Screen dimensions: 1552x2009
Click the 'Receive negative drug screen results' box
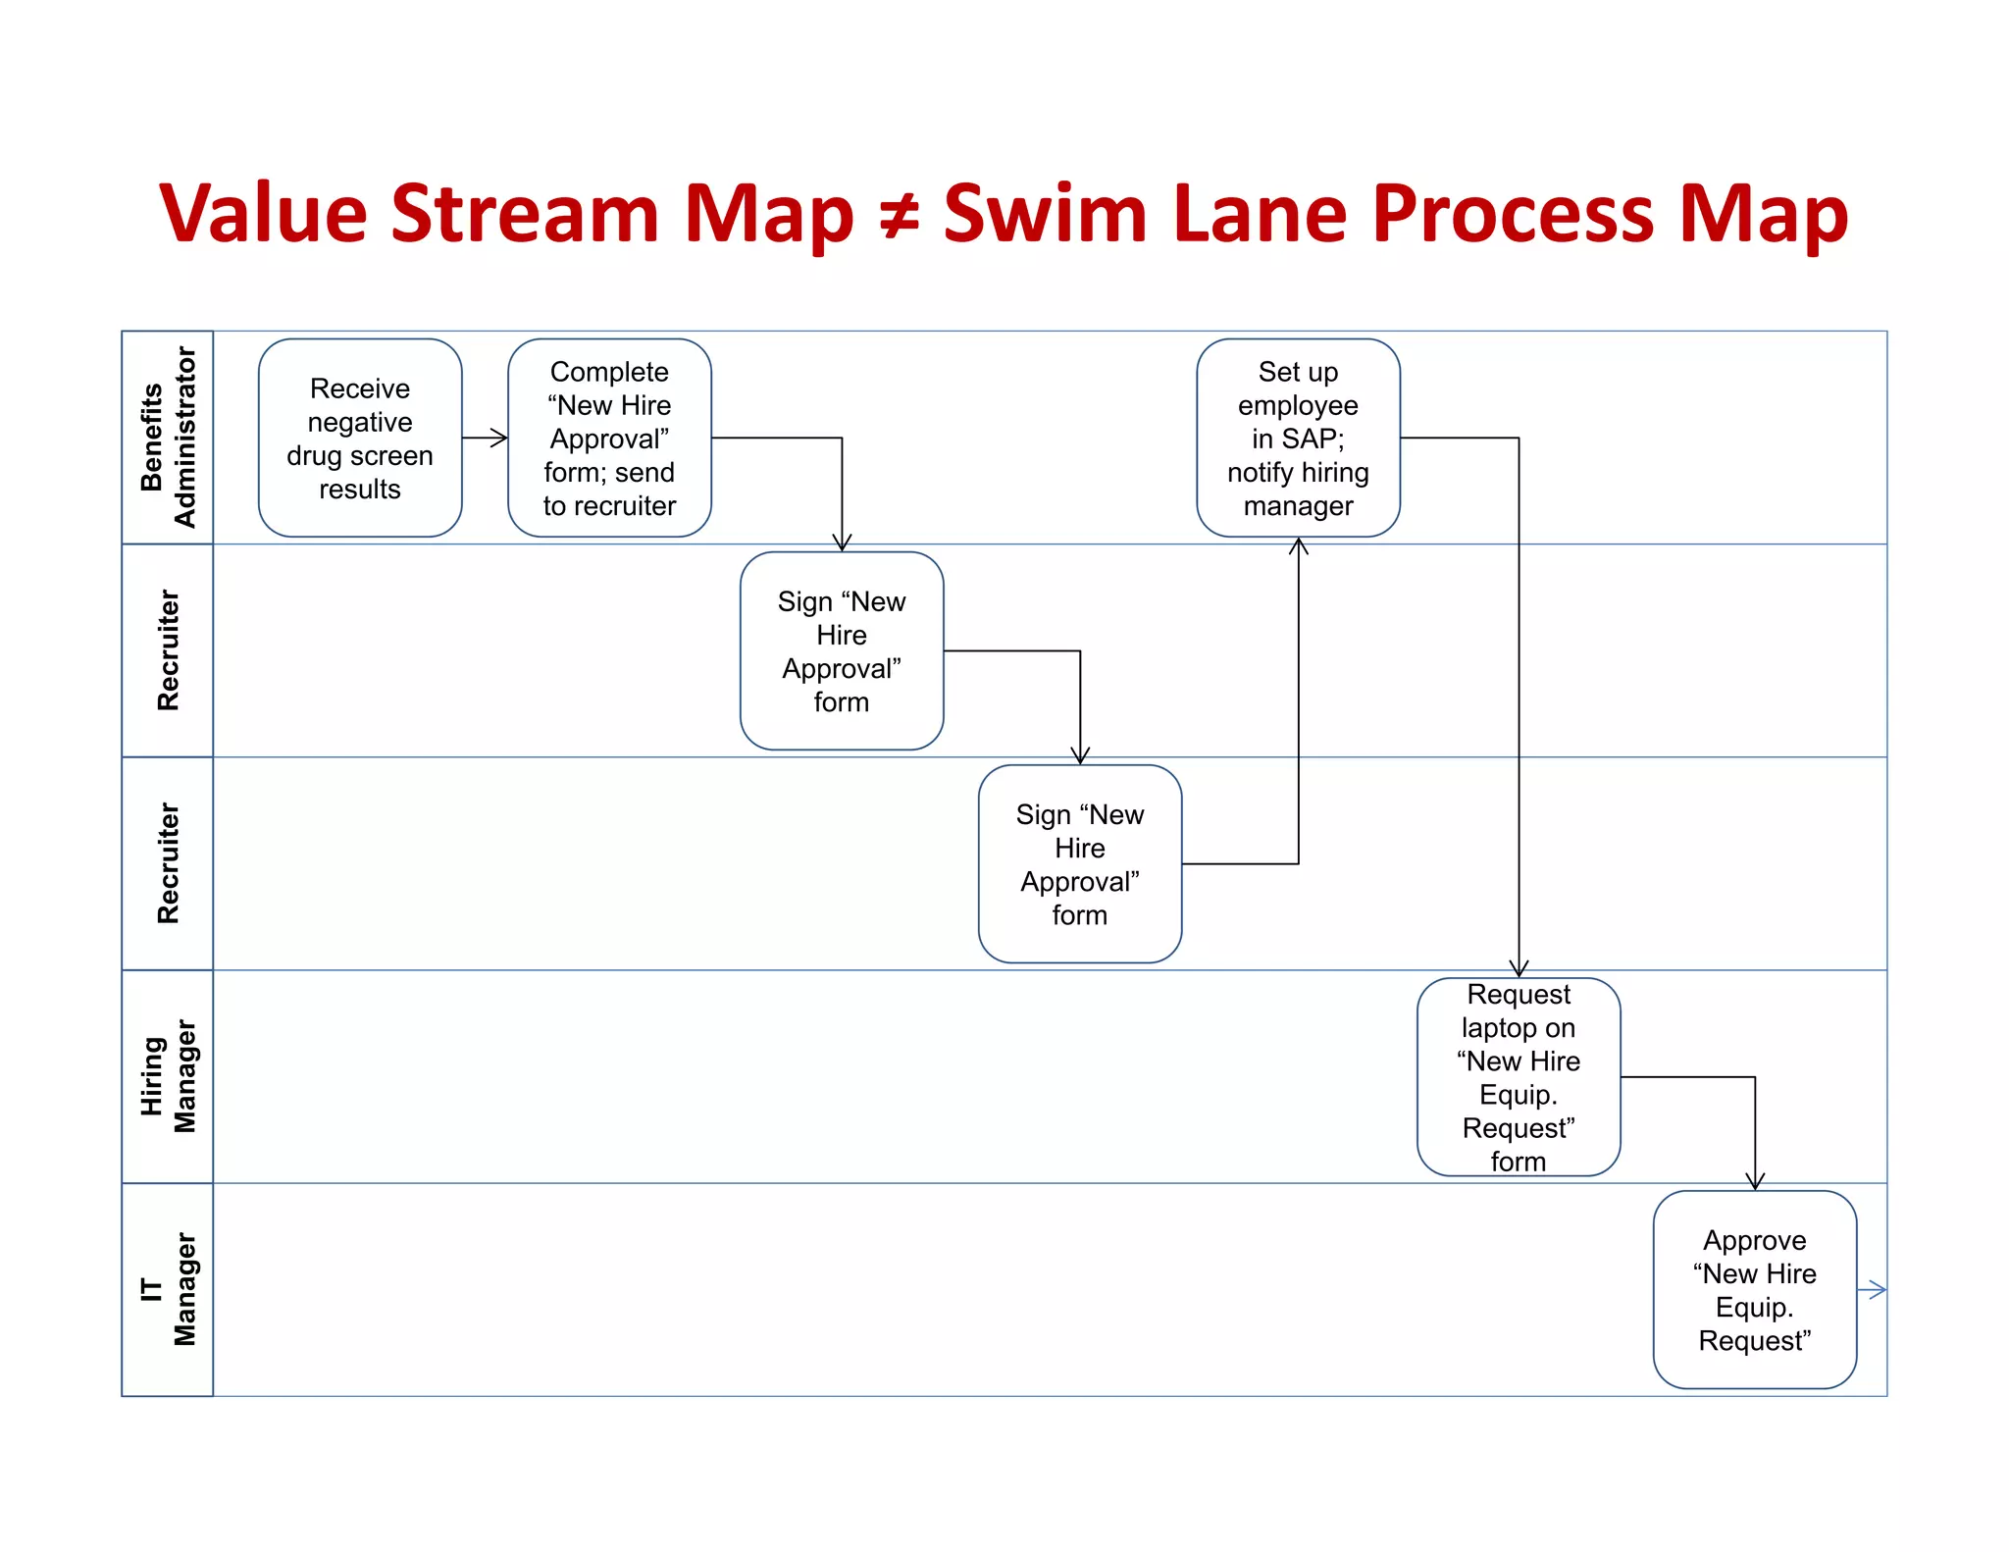360,439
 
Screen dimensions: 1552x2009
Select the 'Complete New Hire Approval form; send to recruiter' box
609,439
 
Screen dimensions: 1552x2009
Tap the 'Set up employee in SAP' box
1298,439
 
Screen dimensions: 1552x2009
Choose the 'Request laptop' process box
1519,1077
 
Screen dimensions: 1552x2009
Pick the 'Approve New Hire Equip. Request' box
1754,1290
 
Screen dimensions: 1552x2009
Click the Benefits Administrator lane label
168,438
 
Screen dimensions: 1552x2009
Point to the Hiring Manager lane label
168,1076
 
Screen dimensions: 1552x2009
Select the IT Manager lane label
168,1289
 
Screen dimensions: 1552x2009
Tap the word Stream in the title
525,214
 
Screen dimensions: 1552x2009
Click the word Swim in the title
1045,214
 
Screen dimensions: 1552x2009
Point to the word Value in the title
262,214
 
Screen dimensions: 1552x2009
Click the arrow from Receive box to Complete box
485,438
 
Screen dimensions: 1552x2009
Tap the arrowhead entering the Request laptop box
1519,969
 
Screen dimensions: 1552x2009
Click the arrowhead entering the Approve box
1755,1182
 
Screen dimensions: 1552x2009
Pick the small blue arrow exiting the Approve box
1874,1290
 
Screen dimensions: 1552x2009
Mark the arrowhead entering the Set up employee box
1299,545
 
